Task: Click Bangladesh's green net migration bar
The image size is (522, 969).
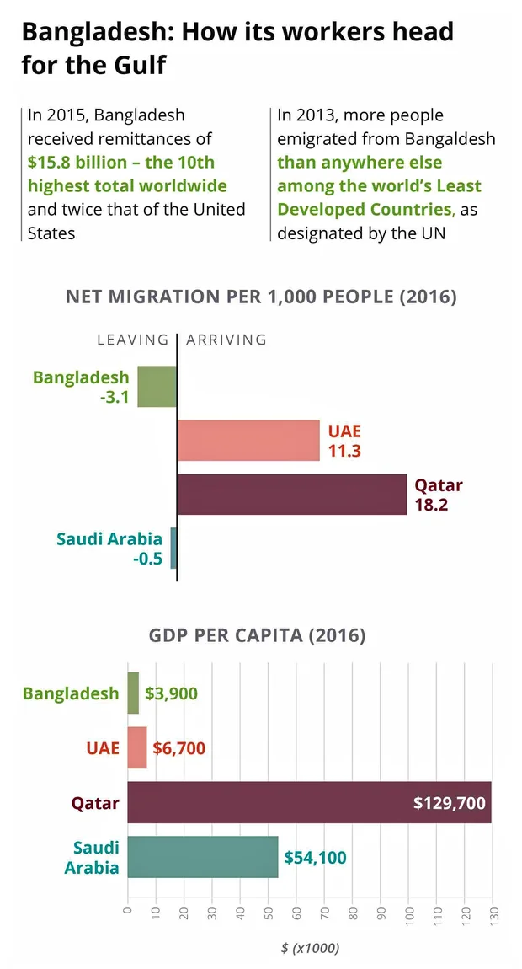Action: (157, 386)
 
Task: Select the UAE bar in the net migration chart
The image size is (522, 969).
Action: (248, 440)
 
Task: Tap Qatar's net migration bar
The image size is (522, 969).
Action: (292, 494)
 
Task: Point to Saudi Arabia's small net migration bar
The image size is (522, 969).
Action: (173, 548)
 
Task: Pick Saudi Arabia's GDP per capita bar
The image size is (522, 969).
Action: (202, 856)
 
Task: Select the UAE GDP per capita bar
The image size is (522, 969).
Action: (137, 747)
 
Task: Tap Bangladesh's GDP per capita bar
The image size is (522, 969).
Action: (133, 693)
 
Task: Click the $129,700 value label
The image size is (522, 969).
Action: (450, 803)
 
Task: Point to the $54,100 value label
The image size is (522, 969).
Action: (315, 857)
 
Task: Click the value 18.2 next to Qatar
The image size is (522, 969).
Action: (431, 505)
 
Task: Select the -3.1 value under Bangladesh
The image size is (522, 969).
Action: (114, 397)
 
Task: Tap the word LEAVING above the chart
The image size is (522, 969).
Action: (133, 340)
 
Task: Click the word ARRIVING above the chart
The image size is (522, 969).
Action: (226, 340)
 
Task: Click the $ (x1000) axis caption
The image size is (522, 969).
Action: (310, 948)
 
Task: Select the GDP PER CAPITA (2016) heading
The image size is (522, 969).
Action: (258, 635)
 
